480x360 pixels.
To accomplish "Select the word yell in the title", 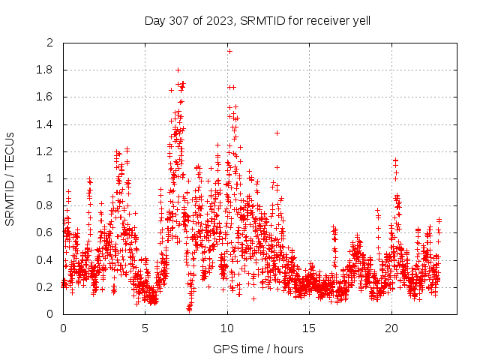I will click(x=359, y=20).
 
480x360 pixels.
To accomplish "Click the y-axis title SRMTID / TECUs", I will click(x=10, y=178).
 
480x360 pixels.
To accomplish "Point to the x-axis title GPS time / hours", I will click(x=257, y=349).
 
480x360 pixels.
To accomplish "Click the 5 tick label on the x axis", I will click(x=145, y=328).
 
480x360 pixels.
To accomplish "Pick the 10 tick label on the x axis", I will click(x=227, y=328).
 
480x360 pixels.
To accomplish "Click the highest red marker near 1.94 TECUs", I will click(x=229, y=51).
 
